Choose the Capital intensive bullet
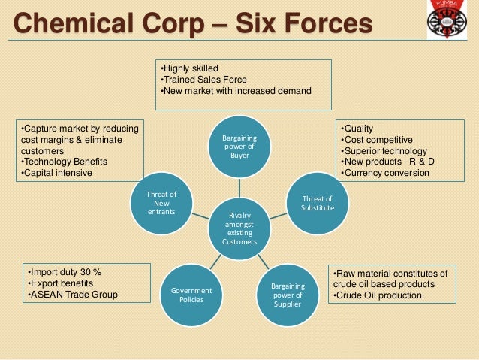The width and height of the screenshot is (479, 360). [57, 173]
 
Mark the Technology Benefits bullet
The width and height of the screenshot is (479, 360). [65, 162]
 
